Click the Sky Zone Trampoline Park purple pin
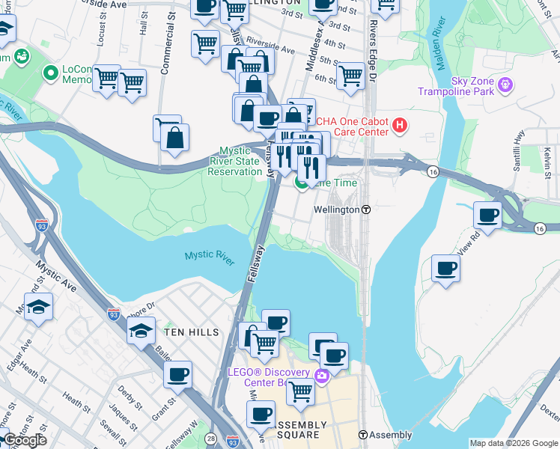click(x=505, y=82)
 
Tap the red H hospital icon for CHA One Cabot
click(x=400, y=124)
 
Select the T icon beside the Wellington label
click(x=367, y=210)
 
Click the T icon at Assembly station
click(x=362, y=435)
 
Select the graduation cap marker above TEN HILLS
click(x=141, y=332)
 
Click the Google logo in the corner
click(x=24, y=440)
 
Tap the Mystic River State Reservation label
click(x=235, y=161)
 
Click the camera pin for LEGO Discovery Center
click(x=322, y=375)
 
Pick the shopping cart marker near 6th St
click(x=350, y=76)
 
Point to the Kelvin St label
click(x=548, y=157)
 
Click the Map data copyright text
click(x=513, y=443)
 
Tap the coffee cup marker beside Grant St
click(x=177, y=375)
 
